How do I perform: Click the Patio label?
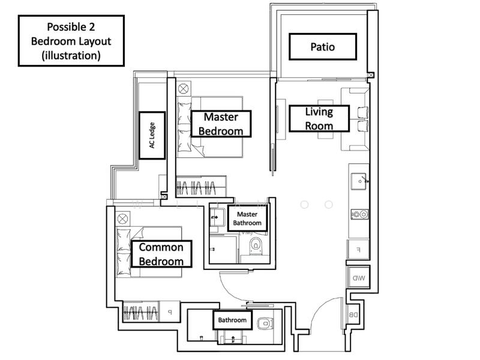323,46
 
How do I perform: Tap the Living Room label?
319,118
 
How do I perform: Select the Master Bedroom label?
221,124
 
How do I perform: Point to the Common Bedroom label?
161,254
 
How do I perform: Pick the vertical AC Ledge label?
152,136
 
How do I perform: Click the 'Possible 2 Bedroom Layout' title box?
71,40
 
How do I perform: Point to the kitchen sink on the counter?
359,179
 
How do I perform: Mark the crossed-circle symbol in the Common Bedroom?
122,217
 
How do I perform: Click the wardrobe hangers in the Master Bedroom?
200,185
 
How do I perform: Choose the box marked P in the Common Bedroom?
169,312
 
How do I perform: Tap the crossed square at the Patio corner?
370,76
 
